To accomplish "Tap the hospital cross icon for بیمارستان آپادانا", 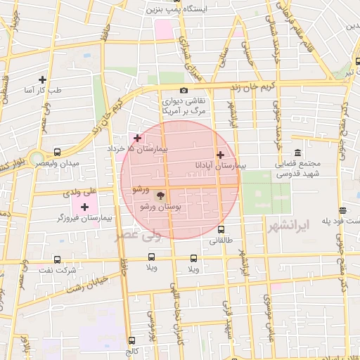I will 220,155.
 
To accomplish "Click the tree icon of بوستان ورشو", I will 160,195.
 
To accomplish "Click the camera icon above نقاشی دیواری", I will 184,90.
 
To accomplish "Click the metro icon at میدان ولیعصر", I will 57,151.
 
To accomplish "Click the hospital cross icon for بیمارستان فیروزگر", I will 85,207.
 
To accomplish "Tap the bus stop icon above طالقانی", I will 221,229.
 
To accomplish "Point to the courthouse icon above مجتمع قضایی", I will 297,153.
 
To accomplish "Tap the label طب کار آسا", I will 44,91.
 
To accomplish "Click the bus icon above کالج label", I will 131,338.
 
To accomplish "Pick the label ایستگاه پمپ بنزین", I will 174,10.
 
